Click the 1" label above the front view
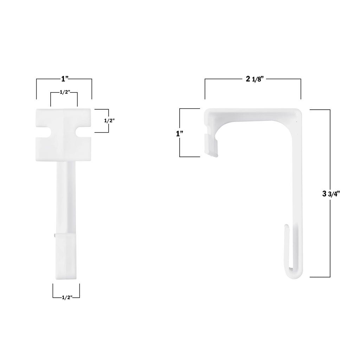[64, 78]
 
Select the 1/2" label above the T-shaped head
[64, 92]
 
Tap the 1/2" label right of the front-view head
[110, 120]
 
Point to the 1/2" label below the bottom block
[66, 297]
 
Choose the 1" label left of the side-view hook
[180, 134]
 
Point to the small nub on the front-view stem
[55, 235]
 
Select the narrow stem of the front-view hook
[65, 197]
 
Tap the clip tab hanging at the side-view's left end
[211, 146]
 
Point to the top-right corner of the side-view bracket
[298, 113]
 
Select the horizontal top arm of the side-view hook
[253, 115]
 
